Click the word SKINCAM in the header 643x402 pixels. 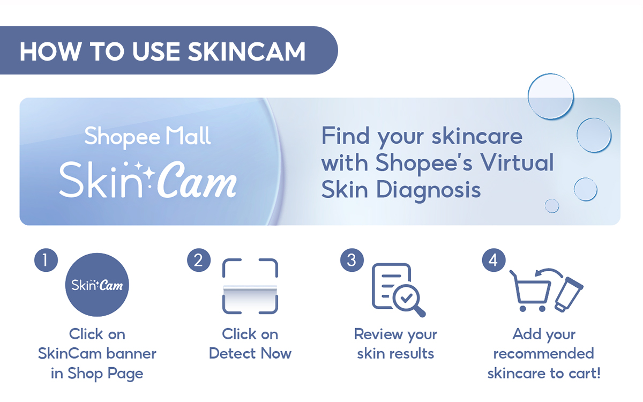pos(247,51)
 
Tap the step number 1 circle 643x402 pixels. pos(46,260)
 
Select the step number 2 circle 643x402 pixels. pos(199,260)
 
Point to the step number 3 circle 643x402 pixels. pos(352,260)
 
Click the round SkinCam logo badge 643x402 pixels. pos(97,285)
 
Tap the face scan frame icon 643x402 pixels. pos(250,286)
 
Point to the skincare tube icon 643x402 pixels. pos(569,295)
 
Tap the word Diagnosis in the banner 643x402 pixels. pos(428,189)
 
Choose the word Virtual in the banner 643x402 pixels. pos(515,162)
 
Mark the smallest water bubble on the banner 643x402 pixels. pos(551,206)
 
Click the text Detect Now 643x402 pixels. pos(250,354)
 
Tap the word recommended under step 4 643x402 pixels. pos(544,354)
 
